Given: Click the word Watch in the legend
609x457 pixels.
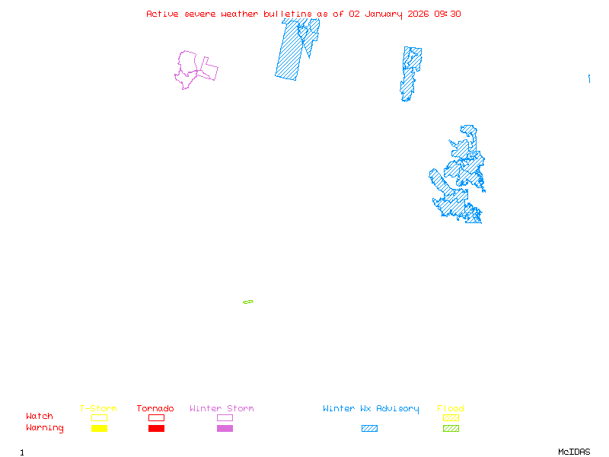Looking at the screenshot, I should point(40,417).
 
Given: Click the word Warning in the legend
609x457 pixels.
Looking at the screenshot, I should point(45,428).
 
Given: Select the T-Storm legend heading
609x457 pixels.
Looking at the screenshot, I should point(98,409).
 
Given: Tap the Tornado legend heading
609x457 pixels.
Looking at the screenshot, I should point(155,409).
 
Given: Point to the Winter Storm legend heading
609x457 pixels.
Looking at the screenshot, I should point(222,409).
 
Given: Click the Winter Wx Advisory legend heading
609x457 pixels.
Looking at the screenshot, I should point(371,409).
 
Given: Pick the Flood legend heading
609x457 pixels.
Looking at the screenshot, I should point(451,409).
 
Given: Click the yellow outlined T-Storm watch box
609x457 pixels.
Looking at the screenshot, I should point(99,417).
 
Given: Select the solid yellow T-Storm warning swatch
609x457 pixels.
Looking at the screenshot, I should point(99,429).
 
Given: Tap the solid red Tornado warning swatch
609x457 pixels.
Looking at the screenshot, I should point(156,429).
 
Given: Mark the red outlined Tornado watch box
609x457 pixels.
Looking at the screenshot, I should point(156,417).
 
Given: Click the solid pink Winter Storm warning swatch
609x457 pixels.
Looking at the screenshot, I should point(225,429).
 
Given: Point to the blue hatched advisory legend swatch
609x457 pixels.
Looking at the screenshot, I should point(369,429).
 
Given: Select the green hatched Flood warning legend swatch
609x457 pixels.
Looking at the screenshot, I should point(451,429).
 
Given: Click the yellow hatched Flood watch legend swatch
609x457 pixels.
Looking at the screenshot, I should point(451,417).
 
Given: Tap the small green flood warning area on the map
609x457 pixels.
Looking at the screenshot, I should point(247,302).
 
